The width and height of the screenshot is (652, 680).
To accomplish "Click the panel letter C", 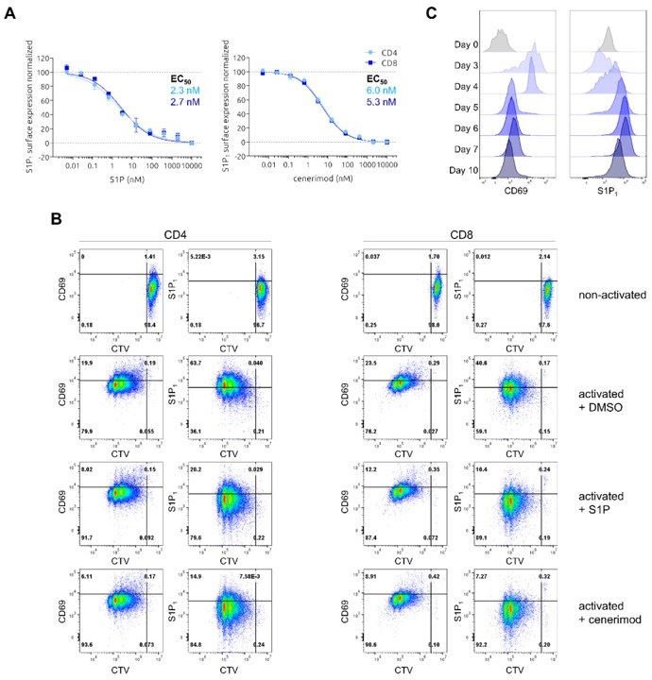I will [x=431, y=13].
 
